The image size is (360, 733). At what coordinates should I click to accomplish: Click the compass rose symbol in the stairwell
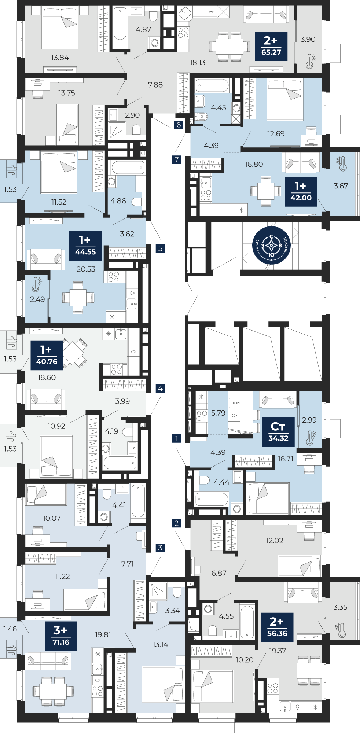(x=271, y=245)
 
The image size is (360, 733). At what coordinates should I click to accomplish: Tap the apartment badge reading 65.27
(x=271, y=46)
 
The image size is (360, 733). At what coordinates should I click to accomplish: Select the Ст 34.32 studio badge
(x=279, y=432)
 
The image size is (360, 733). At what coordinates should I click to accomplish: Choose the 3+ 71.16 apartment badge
(x=61, y=636)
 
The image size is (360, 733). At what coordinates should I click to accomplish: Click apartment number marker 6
(x=179, y=125)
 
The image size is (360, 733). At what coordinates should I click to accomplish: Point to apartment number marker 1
(x=177, y=438)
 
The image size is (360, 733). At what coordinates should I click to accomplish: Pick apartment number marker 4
(x=160, y=388)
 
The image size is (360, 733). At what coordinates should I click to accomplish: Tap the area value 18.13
(x=197, y=63)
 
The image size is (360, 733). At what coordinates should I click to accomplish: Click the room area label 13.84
(x=60, y=58)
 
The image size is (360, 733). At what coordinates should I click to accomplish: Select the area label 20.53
(x=86, y=269)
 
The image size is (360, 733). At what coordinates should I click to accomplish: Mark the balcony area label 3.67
(x=341, y=186)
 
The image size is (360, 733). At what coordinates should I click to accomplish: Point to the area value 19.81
(x=103, y=634)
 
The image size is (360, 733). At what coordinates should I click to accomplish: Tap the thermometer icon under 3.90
(x=311, y=61)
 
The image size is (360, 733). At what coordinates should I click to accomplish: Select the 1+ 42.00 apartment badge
(x=301, y=192)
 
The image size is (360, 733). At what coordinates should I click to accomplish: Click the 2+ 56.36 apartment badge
(x=278, y=627)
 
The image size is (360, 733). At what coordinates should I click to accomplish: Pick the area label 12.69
(x=276, y=134)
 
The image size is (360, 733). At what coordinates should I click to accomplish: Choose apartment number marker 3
(x=160, y=548)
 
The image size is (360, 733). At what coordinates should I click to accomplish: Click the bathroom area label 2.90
(x=132, y=115)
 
